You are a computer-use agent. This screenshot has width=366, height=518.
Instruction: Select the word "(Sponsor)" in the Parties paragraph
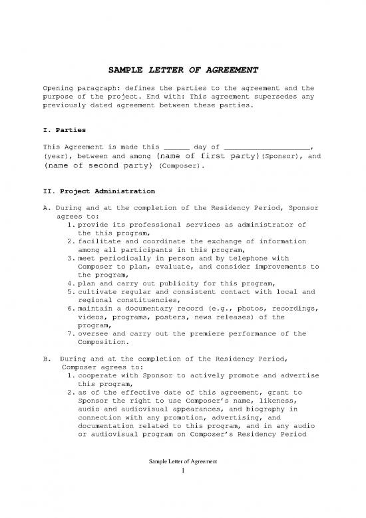click(x=277, y=156)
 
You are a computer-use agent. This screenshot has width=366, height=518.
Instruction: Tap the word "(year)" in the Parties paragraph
click(x=54, y=156)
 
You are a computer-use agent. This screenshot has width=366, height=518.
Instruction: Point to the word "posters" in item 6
click(x=175, y=317)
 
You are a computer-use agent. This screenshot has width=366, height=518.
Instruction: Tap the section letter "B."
click(x=47, y=361)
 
